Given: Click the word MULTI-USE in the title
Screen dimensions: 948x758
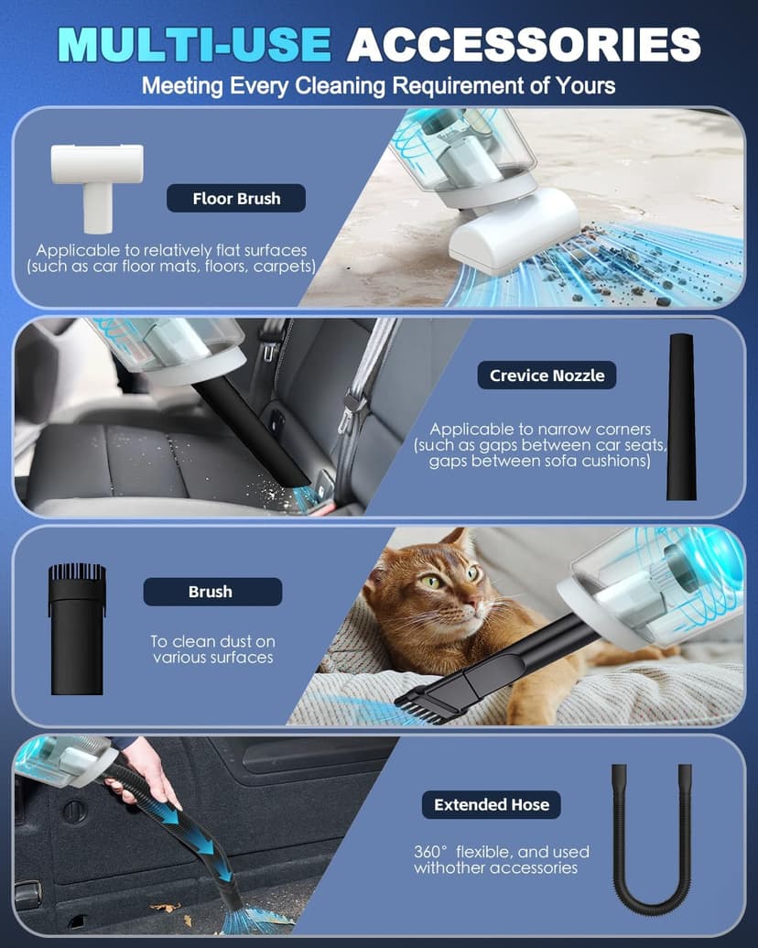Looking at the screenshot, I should [x=194, y=44].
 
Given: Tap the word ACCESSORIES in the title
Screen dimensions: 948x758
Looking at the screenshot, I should [x=524, y=44].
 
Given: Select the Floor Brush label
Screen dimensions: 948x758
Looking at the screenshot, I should [x=236, y=198].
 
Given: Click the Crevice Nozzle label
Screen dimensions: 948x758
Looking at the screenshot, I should [x=547, y=375].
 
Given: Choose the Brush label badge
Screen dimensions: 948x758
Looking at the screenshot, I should [x=211, y=592].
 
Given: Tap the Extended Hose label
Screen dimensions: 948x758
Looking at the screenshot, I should [x=492, y=805].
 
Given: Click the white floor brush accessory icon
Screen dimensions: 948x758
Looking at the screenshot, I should [x=96, y=183].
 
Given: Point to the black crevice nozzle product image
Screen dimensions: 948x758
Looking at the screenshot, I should [x=680, y=417].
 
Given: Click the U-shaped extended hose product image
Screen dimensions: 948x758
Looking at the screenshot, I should [x=652, y=843].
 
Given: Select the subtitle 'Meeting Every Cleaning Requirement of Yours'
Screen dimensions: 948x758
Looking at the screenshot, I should [x=378, y=86].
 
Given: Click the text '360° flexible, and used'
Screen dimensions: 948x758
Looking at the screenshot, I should [x=501, y=852].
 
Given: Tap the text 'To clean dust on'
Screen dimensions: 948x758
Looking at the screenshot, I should [x=212, y=642].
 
